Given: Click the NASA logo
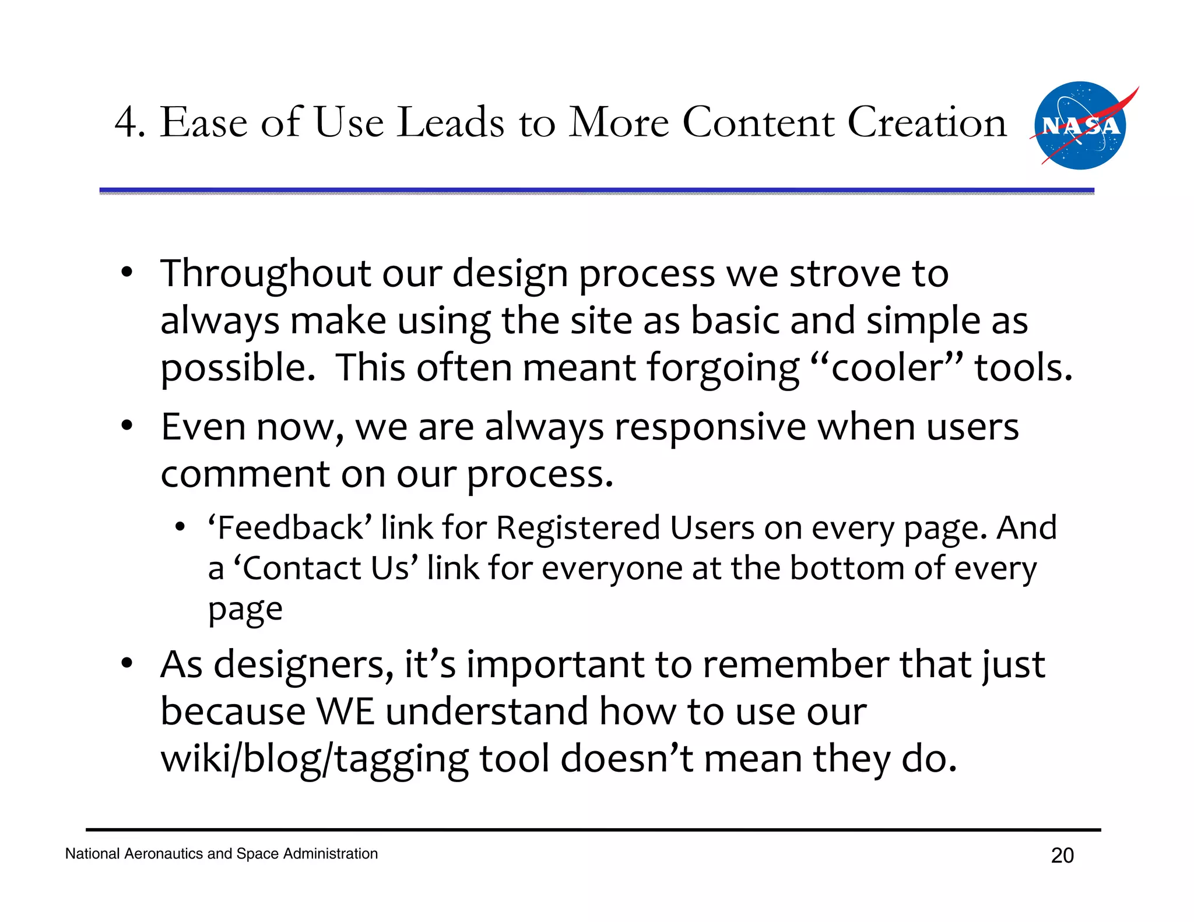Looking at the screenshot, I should click(1080, 126).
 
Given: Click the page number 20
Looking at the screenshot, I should click(1062, 856).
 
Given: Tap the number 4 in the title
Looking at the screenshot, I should click(126, 123).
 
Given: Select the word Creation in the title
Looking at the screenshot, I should click(926, 122).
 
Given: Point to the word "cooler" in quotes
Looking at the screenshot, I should click(886, 368).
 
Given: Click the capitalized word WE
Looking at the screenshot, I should click(345, 712).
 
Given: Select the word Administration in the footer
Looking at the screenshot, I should click(331, 854).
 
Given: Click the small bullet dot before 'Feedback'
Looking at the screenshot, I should click(180, 527).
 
